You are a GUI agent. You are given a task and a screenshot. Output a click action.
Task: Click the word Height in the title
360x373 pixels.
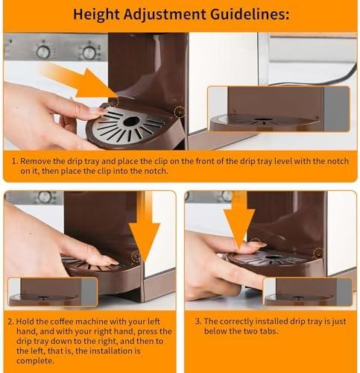(x=96, y=14)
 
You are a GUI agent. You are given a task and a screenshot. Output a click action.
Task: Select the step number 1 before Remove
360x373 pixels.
(x=15, y=161)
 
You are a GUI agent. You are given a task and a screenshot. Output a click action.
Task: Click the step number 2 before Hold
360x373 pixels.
(x=11, y=322)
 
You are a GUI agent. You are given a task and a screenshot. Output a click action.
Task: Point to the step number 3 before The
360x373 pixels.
(x=198, y=322)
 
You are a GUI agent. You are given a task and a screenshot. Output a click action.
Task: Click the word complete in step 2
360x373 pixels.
(x=35, y=361)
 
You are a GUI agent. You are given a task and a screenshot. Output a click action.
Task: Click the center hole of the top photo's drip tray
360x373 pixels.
(x=132, y=121)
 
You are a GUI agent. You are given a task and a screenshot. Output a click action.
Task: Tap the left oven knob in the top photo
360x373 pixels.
(x=43, y=52)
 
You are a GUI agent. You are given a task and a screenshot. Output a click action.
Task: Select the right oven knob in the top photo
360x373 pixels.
(x=89, y=52)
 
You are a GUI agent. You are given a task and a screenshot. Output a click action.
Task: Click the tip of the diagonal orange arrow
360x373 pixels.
(x=118, y=96)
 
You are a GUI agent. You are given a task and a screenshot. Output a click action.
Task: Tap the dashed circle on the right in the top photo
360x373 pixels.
(x=180, y=112)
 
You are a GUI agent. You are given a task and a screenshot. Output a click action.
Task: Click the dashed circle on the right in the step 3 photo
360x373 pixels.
(x=318, y=253)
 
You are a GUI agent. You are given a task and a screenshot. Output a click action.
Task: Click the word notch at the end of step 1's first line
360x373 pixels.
(x=338, y=161)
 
